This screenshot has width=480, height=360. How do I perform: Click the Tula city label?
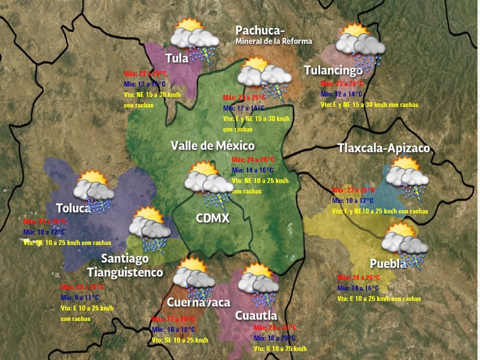click(177, 58)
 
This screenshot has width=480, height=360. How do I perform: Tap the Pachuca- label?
click(260, 30)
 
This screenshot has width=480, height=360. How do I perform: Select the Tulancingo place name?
click(333, 70)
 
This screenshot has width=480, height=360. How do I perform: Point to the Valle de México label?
click(212, 145)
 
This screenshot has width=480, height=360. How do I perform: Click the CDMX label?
click(212, 218)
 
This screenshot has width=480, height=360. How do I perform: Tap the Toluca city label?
click(73, 208)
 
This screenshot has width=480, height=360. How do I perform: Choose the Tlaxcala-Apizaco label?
click(383, 148)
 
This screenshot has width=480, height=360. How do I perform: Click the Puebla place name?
click(387, 263)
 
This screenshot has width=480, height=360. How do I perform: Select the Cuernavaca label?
click(198, 302)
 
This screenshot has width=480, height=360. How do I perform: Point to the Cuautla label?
click(256, 315)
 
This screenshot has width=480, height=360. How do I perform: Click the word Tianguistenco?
click(125, 272)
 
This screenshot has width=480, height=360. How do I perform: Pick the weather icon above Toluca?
click(93, 190)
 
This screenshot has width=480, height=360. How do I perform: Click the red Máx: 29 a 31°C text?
click(275, 327)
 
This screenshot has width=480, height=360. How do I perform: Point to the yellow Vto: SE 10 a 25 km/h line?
click(180, 340)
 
